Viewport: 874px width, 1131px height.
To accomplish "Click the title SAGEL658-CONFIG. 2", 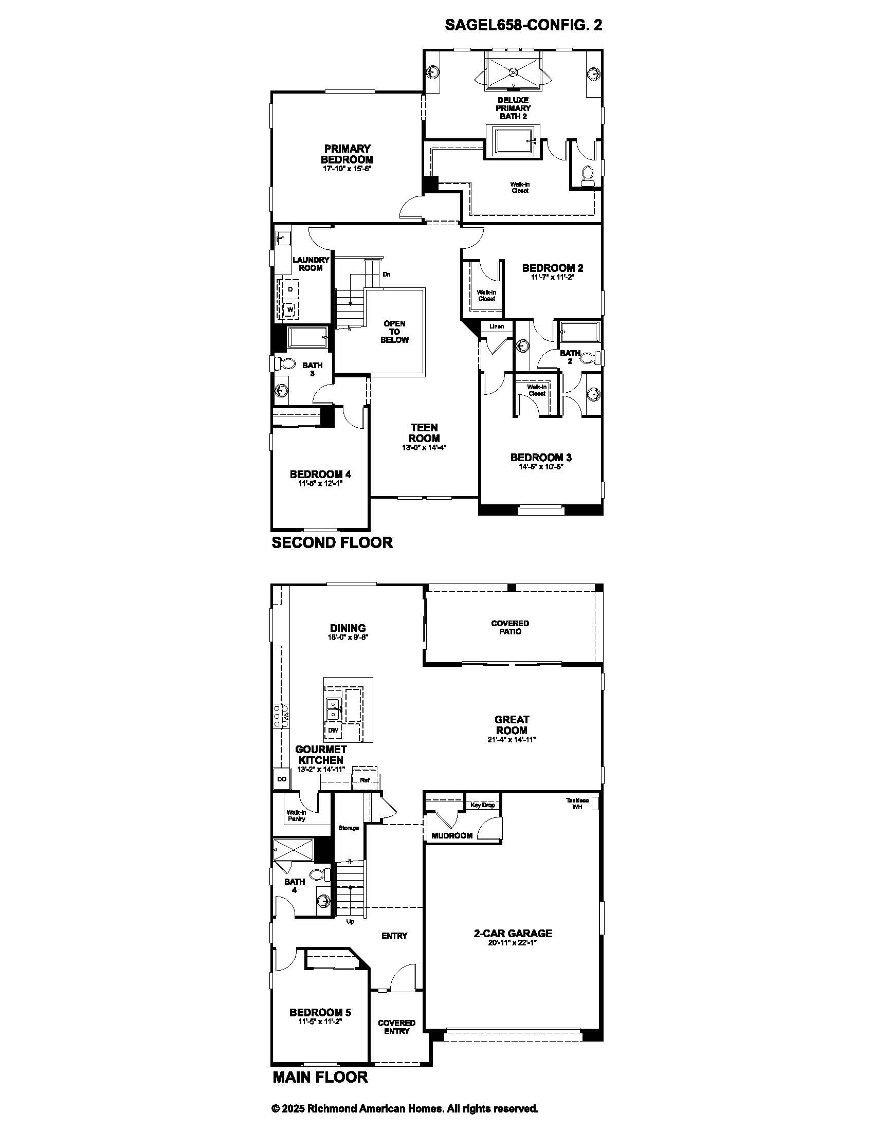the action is (x=523, y=25).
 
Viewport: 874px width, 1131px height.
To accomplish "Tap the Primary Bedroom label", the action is (x=347, y=154).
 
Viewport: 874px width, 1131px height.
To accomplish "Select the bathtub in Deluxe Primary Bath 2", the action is (x=513, y=141).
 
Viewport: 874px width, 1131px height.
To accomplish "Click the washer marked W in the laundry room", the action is (x=290, y=309).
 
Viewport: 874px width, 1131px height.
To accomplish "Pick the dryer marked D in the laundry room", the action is (x=290, y=289).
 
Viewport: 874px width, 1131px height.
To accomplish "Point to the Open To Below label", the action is (x=394, y=332).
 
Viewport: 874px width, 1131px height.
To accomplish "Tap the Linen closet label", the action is (x=497, y=326).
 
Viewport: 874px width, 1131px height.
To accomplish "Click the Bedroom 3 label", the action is (x=541, y=457).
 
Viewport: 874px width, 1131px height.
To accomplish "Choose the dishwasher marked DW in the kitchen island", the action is (x=333, y=731).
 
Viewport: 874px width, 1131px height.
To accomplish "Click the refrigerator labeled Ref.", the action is (x=365, y=780).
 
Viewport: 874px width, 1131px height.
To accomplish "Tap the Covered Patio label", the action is (x=510, y=627).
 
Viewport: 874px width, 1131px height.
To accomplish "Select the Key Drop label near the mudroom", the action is (x=482, y=805).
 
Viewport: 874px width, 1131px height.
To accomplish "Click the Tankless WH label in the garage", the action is (x=577, y=803).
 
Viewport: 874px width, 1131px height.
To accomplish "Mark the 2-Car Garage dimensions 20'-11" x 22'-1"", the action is (x=513, y=943).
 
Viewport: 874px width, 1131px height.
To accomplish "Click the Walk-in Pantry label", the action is (x=297, y=816).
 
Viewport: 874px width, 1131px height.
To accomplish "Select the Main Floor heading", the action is (x=320, y=1077).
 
